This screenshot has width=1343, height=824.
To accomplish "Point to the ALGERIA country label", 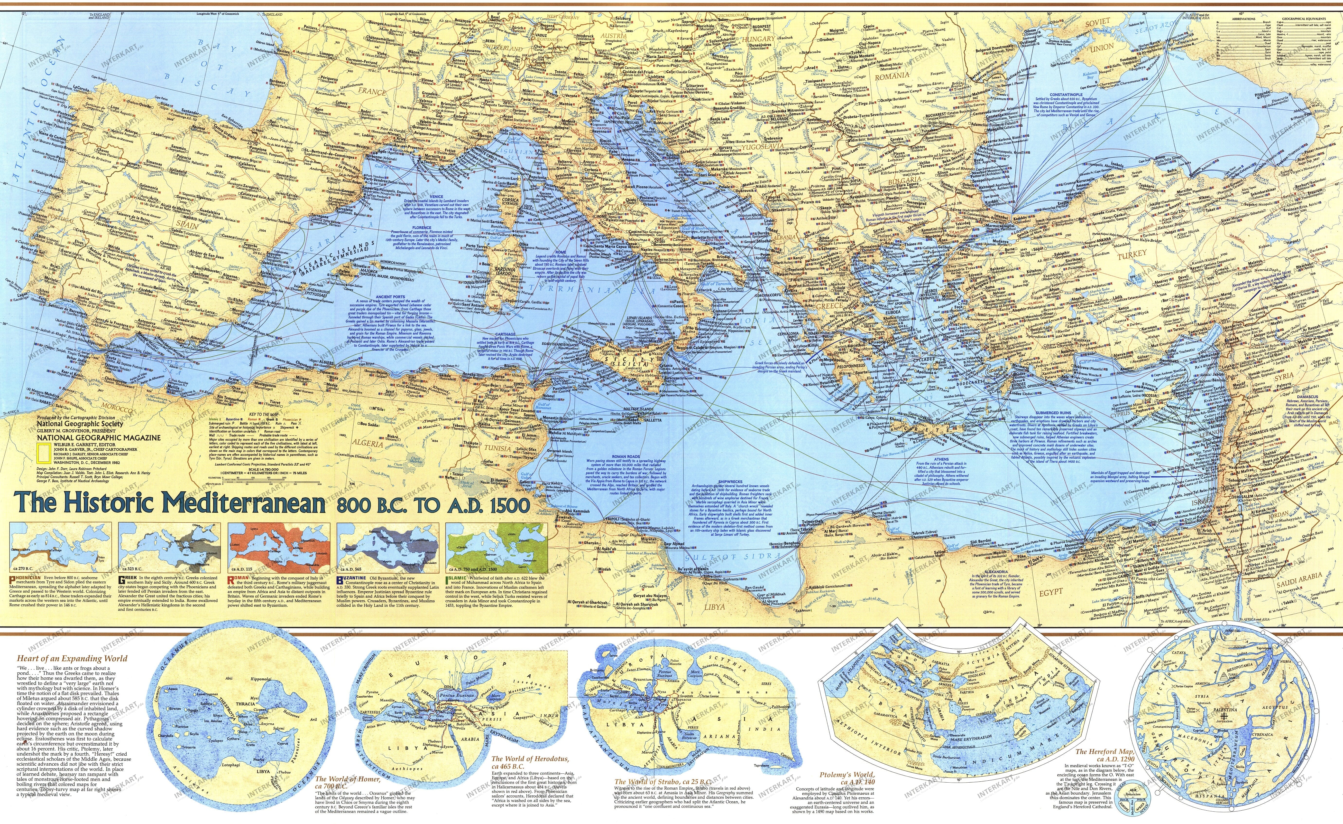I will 368,443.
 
